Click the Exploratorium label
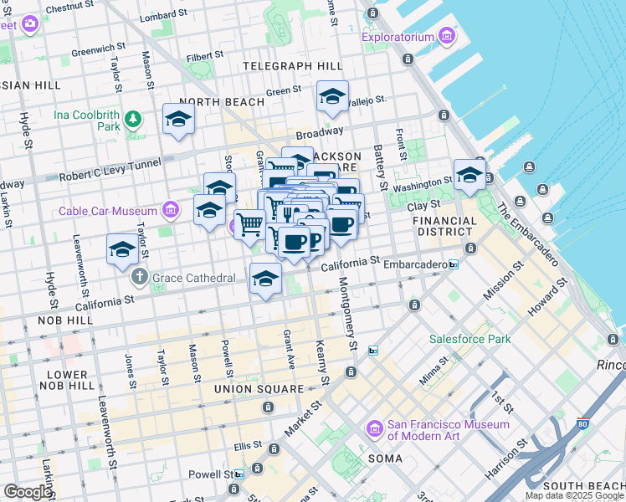398,37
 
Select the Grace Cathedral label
188,276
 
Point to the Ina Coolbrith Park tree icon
133,119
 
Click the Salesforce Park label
469,339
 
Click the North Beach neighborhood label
221,102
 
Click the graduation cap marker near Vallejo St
332,98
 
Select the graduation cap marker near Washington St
469,176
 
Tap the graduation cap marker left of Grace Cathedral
122,250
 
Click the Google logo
28,492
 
